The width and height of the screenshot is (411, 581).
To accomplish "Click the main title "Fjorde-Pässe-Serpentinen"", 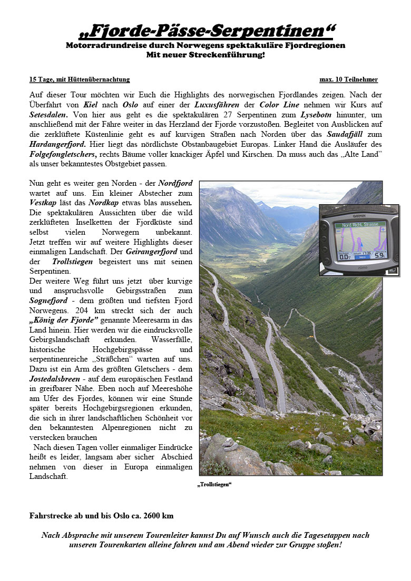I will pyautogui.click(x=205, y=31).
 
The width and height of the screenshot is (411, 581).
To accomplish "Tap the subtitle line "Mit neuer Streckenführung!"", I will pyautogui.click(x=205, y=55).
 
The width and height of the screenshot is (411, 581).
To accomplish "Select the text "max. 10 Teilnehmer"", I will pyautogui.click(x=348, y=79).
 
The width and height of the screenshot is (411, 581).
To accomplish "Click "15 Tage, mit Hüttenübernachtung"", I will pyautogui.click(x=79, y=79).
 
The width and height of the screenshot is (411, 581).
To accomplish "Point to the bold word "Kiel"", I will pyautogui.click(x=91, y=105).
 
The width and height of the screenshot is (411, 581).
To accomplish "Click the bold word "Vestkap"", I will pyautogui.click(x=41, y=203).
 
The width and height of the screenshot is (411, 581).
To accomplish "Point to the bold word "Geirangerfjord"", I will pyautogui.click(x=152, y=252).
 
